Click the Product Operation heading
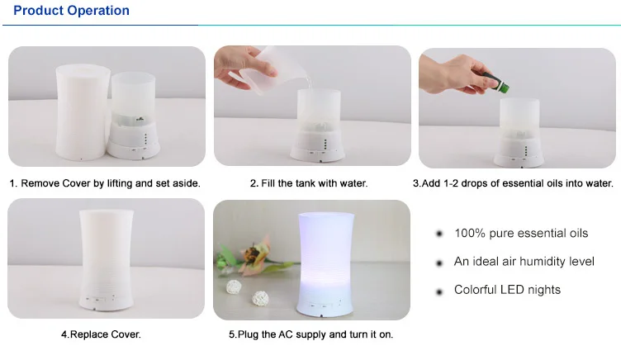click(x=71, y=11)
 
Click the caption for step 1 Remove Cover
click(x=105, y=182)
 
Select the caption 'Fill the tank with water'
click(x=309, y=182)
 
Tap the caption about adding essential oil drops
click(x=514, y=182)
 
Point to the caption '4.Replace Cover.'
click(x=101, y=334)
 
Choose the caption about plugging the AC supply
click(x=310, y=334)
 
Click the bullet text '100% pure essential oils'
click(x=521, y=234)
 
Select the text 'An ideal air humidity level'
click(x=524, y=262)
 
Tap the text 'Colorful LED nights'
click(x=507, y=290)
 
